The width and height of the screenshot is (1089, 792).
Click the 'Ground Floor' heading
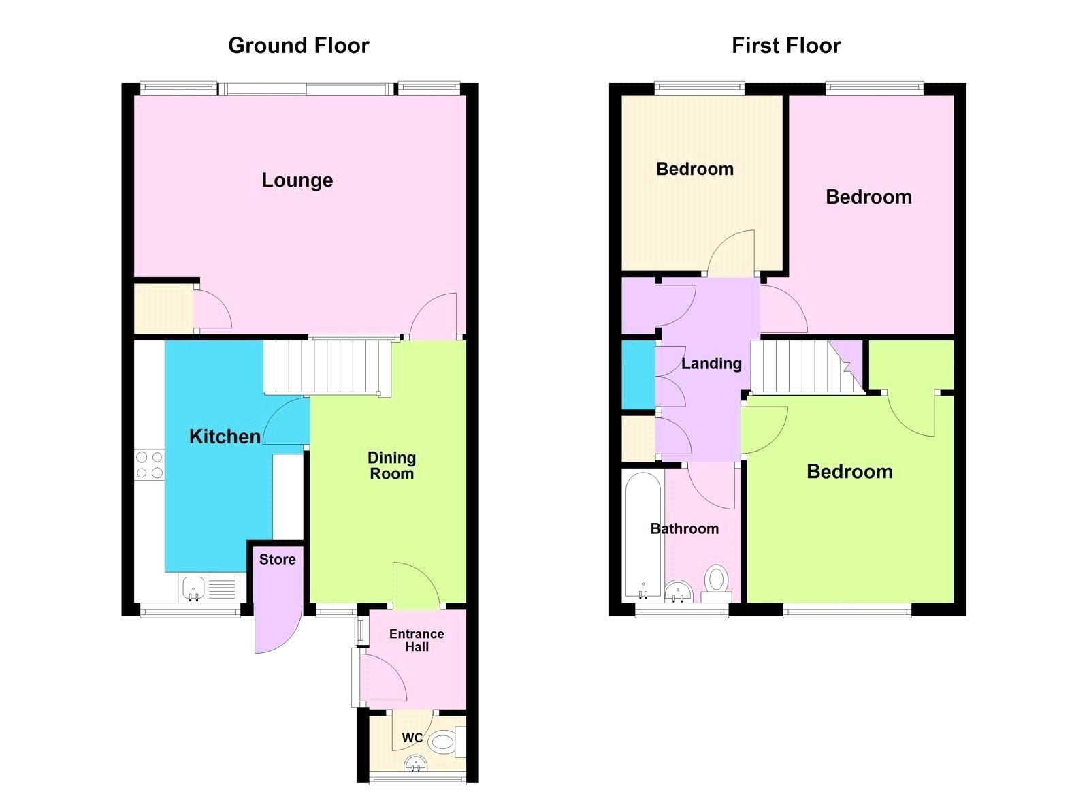click(x=298, y=46)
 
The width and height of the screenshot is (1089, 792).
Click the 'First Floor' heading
click(x=785, y=46)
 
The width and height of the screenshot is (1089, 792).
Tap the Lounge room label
click(x=297, y=180)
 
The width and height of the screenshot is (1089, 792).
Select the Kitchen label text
click(x=225, y=437)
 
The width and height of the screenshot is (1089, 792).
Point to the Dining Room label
click(x=391, y=466)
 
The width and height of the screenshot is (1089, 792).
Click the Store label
click(x=277, y=560)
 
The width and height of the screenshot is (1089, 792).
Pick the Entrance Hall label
click(x=417, y=640)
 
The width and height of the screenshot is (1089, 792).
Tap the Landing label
click(x=711, y=364)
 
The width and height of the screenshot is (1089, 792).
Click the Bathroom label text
click(x=684, y=529)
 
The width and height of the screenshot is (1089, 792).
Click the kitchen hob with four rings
click(x=150, y=464)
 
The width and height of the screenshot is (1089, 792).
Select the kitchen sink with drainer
click(x=210, y=588)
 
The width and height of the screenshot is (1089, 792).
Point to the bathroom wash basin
click(x=677, y=591)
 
